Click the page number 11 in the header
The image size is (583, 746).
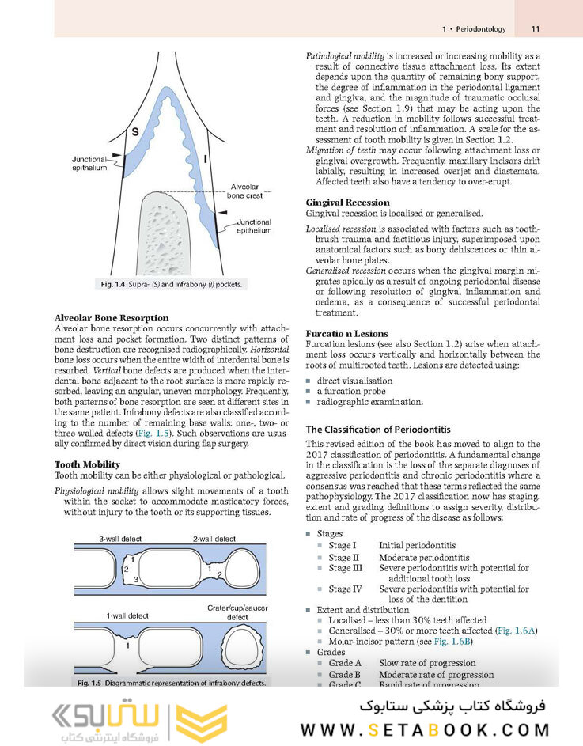[x=536, y=29]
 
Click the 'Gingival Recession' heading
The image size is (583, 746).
[x=347, y=203]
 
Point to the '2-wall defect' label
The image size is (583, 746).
[x=214, y=539]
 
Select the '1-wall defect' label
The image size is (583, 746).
[x=127, y=615]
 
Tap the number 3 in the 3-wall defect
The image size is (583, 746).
[x=135, y=581]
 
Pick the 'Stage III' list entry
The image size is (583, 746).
[x=346, y=568]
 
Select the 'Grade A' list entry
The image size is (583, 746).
[x=345, y=663]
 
